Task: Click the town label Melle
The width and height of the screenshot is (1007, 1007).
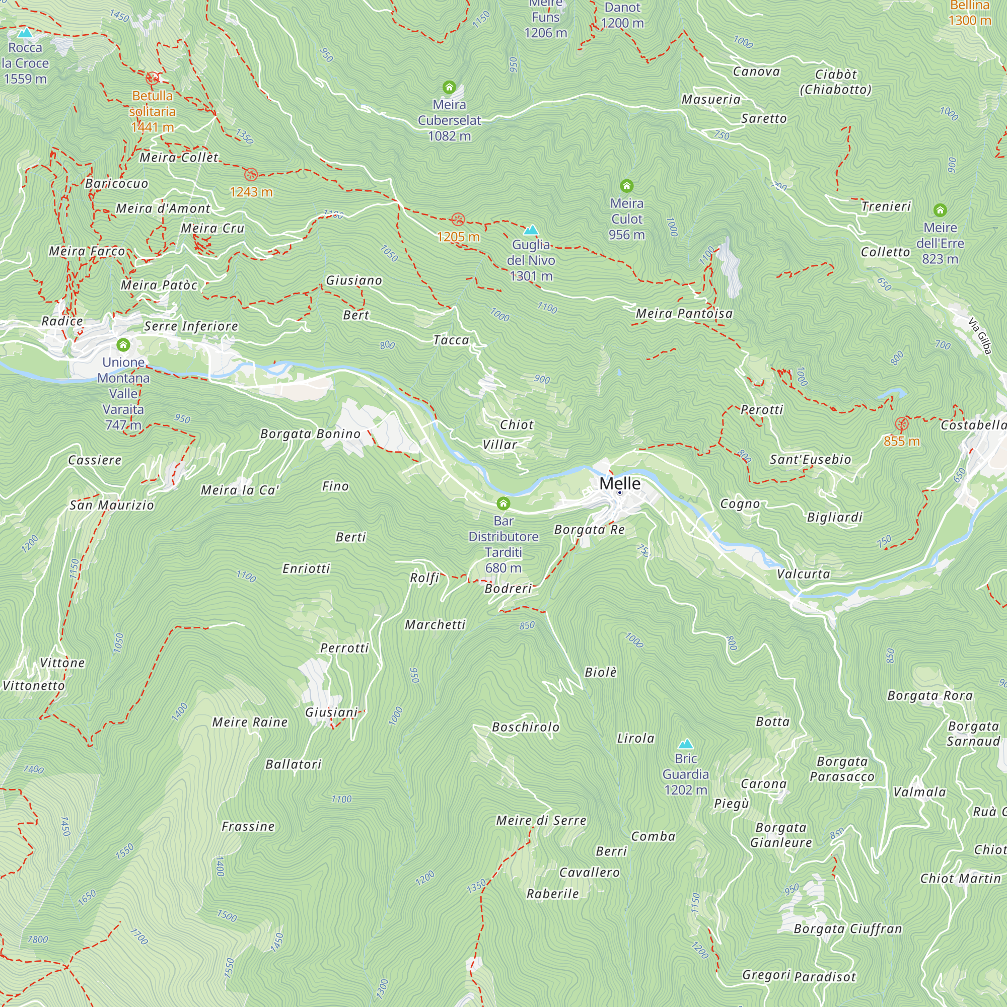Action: tap(620, 483)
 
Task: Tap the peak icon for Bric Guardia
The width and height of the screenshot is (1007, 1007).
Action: tap(685, 744)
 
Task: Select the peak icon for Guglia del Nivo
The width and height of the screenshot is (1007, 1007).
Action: tap(531, 230)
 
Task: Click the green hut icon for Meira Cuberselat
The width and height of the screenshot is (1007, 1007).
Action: tap(449, 87)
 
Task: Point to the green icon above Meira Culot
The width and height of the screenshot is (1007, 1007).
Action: tap(626, 186)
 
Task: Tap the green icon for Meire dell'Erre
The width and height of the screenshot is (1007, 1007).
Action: tap(940, 210)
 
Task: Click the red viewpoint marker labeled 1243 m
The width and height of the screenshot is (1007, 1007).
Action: tap(251, 174)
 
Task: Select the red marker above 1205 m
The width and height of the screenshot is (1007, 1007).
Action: tap(458, 219)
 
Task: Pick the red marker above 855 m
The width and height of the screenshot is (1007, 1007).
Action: tap(901, 424)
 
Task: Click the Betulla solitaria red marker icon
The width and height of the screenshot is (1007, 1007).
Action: tap(152, 78)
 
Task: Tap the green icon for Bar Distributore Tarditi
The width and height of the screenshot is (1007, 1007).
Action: tap(503, 503)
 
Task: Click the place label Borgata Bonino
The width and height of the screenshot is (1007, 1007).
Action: tap(310, 434)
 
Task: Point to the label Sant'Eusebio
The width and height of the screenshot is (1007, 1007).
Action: tap(810, 459)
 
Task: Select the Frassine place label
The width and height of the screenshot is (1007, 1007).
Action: tap(248, 826)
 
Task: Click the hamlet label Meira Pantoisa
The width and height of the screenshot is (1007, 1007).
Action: tap(684, 313)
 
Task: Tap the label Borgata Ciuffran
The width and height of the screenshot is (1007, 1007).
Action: tap(847, 928)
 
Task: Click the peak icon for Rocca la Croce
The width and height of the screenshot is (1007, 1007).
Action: tap(25, 33)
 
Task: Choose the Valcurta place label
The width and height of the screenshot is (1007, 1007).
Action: tap(803, 574)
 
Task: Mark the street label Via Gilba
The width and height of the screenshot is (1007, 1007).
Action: tap(979, 336)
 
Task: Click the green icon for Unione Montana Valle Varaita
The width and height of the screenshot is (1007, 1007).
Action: tap(123, 344)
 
